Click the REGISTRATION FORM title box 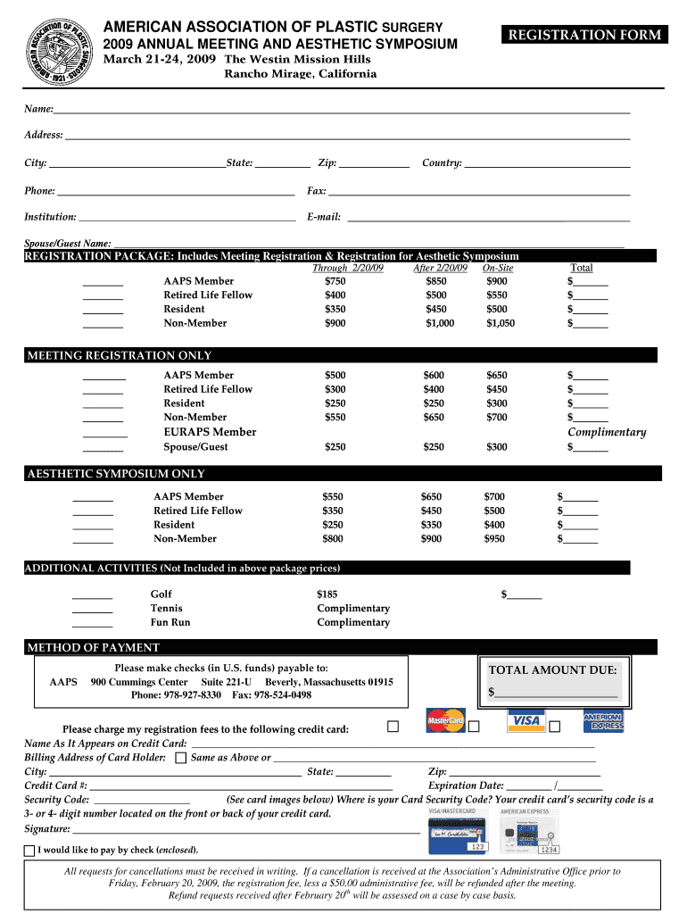click(584, 35)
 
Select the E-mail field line click(487, 219)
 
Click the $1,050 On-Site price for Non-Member click(500, 323)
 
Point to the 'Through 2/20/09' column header click(348, 268)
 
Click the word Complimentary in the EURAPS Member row click(607, 432)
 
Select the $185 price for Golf click(327, 594)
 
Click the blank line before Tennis click(92, 611)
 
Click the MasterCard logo click(445, 719)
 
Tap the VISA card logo click(526, 720)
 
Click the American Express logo click(603, 721)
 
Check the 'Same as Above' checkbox click(180, 758)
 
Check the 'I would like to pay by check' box click(29, 850)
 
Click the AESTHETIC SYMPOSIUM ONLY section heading click(117, 474)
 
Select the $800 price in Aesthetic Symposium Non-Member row click(332, 538)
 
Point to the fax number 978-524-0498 click(283, 694)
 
